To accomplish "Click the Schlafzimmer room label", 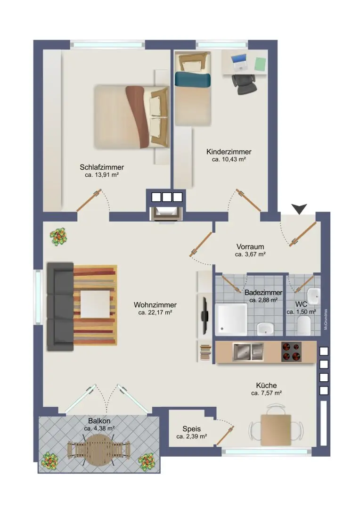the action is point(102,167).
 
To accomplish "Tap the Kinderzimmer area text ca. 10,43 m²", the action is point(229,159).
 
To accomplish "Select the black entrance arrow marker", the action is point(299,209).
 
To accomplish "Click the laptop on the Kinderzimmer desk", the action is point(239,62).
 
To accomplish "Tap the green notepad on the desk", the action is point(260,64).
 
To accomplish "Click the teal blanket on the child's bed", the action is point(193,80).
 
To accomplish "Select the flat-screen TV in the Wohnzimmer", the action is point(205,315).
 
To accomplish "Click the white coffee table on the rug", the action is point(95,304).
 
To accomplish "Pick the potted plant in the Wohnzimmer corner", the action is point(58,236).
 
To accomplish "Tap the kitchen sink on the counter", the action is point(248,352).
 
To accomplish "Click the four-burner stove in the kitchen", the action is point(291,352).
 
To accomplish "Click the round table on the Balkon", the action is point(99,450).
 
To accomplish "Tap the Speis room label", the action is point(191,429).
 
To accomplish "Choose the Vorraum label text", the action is point(250,246).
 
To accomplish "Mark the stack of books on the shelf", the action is point(205,353).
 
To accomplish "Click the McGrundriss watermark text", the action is point(326,320).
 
